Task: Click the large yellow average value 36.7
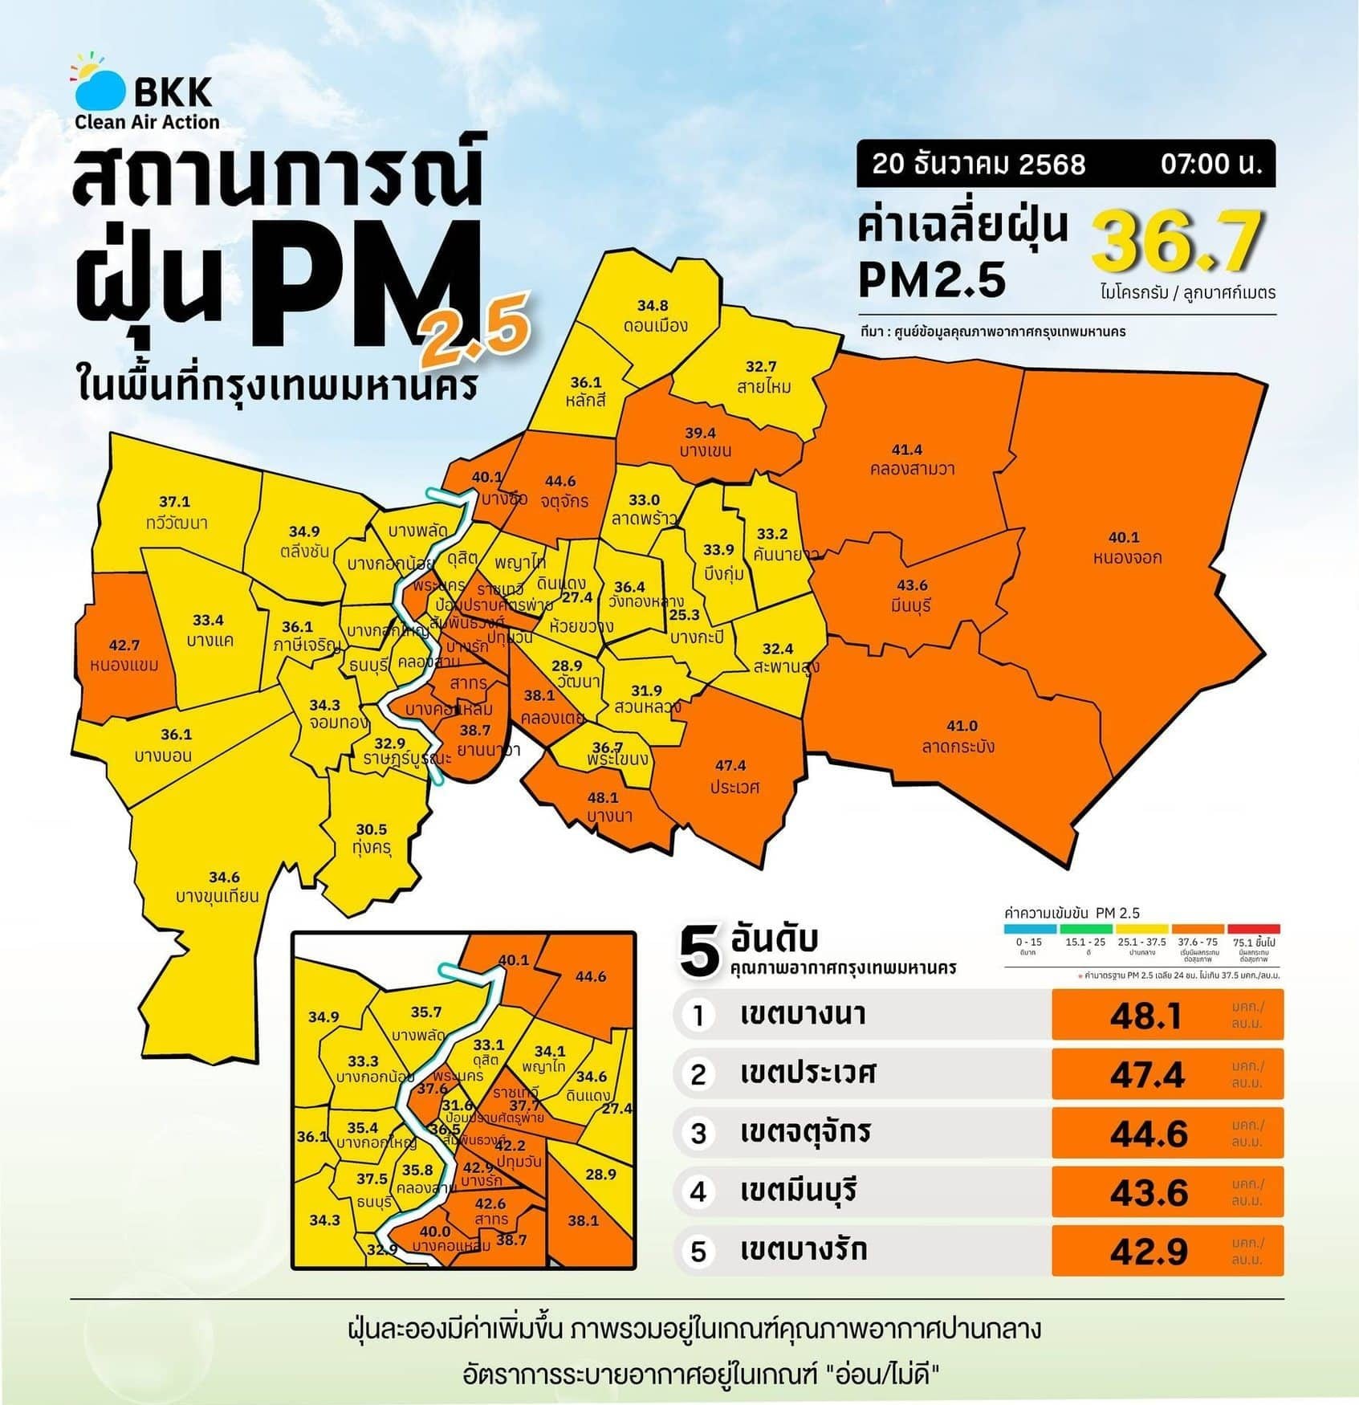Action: pos(1177,241)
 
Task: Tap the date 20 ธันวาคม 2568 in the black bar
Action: pos(979,165)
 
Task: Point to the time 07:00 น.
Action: pos(1211,165)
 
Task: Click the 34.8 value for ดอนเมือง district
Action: pos(653,306)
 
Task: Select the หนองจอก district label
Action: pos(1127,557)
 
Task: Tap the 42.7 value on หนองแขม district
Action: pos(124,645)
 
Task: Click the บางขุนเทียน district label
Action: pos(218,896)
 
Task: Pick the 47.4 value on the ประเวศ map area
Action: pos(730,765)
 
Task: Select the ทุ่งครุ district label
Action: pos(371,848)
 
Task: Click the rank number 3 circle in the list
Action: pos(698,1134)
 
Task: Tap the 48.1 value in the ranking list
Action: pos(1146,1016)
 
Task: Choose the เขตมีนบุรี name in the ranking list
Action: pos(799,1191)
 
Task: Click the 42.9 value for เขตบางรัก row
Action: pos(1148,1252)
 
